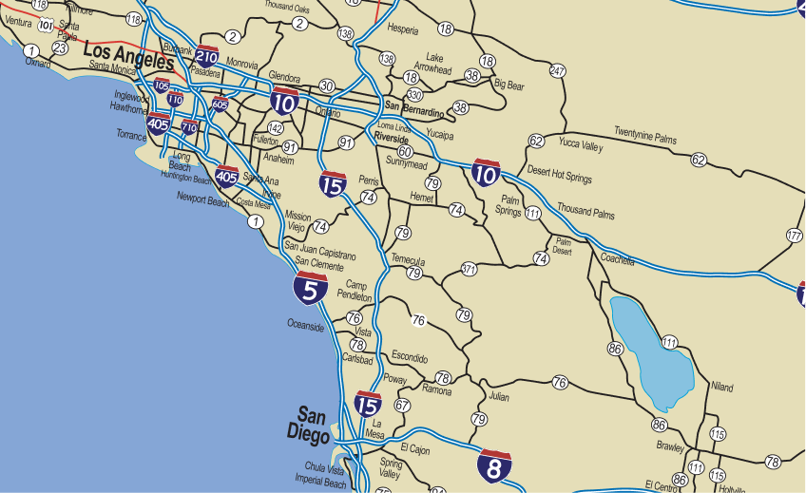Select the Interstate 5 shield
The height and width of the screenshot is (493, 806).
pos(311,287)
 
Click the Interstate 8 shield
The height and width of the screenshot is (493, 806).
pos(494,465)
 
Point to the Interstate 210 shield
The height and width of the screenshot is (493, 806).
pos(207,57)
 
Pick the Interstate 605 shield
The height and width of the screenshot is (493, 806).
pos(221,103)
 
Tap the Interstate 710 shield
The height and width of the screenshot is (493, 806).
pos(189,126)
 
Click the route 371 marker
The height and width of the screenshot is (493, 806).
pos(469,269)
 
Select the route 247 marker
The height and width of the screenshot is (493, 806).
pos(558,71)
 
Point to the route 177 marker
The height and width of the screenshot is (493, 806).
pos(795,235)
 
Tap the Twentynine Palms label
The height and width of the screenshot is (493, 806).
pos(645,134)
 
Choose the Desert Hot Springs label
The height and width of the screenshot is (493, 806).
pos(559,177)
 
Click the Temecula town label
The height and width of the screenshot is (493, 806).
pos(407,260)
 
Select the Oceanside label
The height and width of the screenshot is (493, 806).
pos(306,325)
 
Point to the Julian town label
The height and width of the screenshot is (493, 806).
pos(499,396)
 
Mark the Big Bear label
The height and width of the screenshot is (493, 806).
pos(509,85)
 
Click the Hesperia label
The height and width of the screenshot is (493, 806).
pos(402,29)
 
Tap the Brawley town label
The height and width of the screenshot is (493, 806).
pos(669,446)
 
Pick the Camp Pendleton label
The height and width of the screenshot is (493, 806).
pos(355,291)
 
